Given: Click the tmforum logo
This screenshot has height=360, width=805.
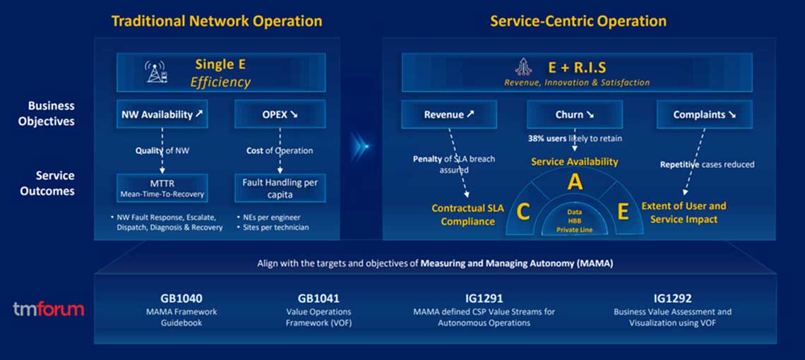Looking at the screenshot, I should coord(48,309).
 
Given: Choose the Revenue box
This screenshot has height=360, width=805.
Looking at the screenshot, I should coord(449,114).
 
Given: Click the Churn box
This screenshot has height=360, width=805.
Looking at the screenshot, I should coord(574,114).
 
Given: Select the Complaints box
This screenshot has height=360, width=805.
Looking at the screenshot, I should coord(704,114).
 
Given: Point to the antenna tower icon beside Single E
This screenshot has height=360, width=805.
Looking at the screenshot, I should coord(156,73).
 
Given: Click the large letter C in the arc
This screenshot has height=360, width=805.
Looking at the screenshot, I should coord(523,212).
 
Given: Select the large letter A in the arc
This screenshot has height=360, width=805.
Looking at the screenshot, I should coord(575,182).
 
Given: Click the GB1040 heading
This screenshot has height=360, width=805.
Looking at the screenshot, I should coord(181,299).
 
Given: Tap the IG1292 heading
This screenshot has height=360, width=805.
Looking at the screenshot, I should coord(672,299).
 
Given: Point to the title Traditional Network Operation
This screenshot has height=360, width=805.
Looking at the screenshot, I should coord(217,21).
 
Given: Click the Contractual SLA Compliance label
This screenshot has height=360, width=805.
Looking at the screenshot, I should coord(467,215).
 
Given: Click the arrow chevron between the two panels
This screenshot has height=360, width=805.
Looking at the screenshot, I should coord(362,146).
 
